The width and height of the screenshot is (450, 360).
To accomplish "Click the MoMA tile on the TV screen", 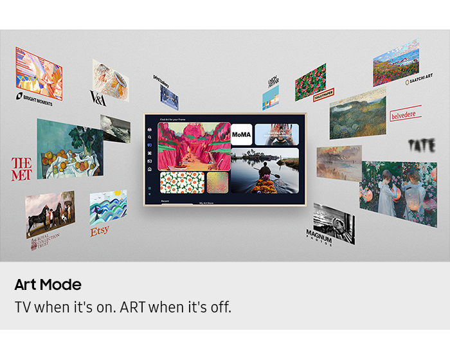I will (x=242, y=135).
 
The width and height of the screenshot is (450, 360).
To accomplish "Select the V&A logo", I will (x=98, y=98).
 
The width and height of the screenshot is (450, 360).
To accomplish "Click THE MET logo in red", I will (x=22, y=168).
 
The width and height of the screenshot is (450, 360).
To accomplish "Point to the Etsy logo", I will (x=100, y=231).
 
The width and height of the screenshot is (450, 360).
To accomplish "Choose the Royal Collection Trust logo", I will (x=45, y=241).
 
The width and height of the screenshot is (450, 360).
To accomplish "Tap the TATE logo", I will (x=421, y=145).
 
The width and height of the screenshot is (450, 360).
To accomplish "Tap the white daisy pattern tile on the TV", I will (x=182, y=182).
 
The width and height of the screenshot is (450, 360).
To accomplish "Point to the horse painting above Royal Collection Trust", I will (x=50, y=213).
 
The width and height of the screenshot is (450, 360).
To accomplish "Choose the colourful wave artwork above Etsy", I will (x=108, y=207).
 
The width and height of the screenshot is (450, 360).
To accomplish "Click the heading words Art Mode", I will (x=48, y=285).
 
